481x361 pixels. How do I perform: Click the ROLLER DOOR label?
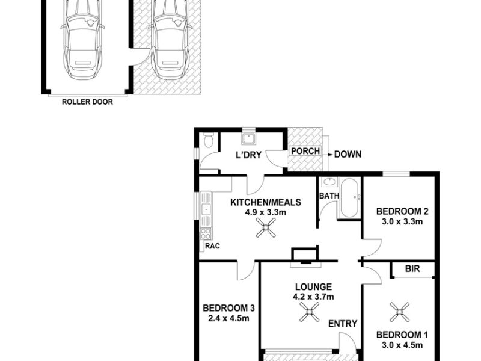87,102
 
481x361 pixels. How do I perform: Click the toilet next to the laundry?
209,140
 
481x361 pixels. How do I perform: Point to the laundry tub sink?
248,139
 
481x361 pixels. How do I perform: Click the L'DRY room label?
248,155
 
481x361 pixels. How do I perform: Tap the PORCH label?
305,151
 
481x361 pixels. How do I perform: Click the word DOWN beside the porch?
348,154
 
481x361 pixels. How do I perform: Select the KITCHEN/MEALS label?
266,202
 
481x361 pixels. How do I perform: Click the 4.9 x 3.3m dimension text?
266,212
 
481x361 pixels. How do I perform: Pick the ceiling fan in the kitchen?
266,227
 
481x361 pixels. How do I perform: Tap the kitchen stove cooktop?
206,233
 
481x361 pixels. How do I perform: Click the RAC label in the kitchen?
212,246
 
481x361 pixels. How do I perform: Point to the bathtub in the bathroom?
350,198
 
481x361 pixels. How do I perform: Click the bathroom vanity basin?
329,182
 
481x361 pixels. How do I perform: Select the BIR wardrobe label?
412,269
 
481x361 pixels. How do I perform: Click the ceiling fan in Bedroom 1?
399,312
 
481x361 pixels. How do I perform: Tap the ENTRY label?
343,324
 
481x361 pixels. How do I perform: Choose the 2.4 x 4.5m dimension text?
228,318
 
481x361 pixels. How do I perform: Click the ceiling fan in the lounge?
309,312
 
